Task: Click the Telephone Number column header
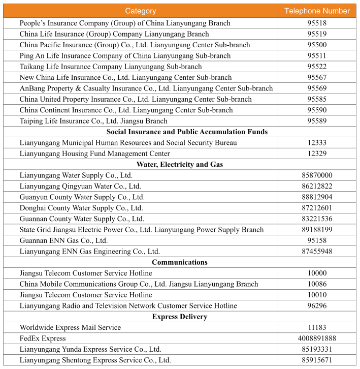pos(317,11)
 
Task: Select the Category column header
pos(141,11)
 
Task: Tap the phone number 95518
pos(317,23)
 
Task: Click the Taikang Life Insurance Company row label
pos(111,67)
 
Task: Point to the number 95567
pos(317,77)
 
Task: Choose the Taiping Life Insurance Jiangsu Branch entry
pos(93,121)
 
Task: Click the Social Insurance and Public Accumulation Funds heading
pos(180,132)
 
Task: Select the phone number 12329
pos(317,153)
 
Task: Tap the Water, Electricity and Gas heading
pos(180,164)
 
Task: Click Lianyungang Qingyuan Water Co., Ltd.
pos(80,186)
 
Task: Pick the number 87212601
pos(317,208)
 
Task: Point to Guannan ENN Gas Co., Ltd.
pos(64,240)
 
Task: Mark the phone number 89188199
pos(317,230)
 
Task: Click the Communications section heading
pos(180,262)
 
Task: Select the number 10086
pos(317,284)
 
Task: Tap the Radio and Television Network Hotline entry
pos(128,305)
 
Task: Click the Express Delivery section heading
pos(180,317)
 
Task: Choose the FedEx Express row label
pos(43,338)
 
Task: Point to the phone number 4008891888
pos(317,338)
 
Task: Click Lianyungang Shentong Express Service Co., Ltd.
pos(95,360)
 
